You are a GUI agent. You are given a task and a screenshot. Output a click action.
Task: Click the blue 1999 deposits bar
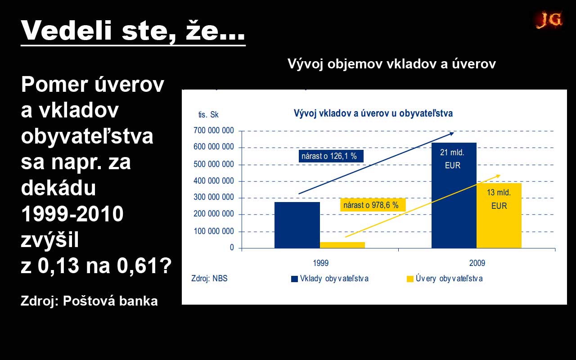(297, 225)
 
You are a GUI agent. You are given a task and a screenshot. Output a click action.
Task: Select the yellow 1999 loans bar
(342, 245)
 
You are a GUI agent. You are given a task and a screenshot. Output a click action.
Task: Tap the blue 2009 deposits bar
(454, 195)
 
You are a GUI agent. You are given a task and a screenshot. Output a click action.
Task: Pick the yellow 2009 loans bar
(499, 216)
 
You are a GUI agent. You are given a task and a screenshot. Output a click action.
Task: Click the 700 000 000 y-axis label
(214, 130)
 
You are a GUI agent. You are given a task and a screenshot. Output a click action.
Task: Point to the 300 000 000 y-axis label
(214, 197)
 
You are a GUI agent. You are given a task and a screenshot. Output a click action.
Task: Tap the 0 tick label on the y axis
(232, 247)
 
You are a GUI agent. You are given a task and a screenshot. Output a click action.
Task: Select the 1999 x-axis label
(321, 263)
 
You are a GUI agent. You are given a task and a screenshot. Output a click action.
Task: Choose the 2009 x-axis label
(477, 263)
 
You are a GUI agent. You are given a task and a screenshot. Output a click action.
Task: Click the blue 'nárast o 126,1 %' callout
(331, 156)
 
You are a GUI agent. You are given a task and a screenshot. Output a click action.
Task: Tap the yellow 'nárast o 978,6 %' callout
(373, 205)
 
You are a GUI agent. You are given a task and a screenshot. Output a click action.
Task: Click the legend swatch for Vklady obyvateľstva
(294, 279)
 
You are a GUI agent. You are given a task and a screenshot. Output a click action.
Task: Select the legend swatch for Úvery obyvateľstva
(410, 279)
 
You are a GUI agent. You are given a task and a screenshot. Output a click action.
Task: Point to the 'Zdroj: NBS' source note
(209, 279)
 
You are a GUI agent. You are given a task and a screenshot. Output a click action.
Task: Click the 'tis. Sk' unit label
(208, 115)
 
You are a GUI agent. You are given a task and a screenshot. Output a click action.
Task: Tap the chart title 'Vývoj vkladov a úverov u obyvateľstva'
(373, 113)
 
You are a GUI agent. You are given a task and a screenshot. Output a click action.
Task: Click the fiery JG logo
(549, 19)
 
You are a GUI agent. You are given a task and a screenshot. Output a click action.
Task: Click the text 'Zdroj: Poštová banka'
(89, 301)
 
